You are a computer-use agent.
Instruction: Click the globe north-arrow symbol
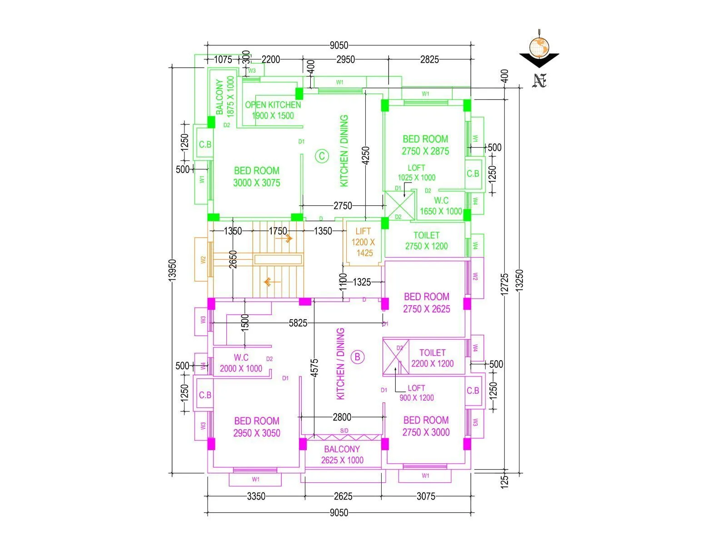539,47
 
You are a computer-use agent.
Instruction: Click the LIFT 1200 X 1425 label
363,242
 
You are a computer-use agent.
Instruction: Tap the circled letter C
322,157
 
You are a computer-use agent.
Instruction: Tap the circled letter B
358,357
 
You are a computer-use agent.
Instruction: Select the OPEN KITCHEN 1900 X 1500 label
273,110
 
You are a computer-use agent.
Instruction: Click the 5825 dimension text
298,323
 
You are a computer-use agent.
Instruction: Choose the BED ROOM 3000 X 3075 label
257,177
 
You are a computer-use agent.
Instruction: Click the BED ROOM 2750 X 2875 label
425,145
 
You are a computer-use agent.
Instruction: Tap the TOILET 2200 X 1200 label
432,358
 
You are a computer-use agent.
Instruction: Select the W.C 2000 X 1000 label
241,363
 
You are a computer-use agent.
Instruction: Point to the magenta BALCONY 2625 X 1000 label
342,455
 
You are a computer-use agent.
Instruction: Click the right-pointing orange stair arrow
287,238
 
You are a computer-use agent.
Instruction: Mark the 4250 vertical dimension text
366,155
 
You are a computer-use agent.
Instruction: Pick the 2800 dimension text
342,417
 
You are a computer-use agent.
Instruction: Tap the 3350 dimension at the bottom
256,496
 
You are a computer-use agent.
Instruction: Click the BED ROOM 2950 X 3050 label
257,427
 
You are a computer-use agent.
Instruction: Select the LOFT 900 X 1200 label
416,393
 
